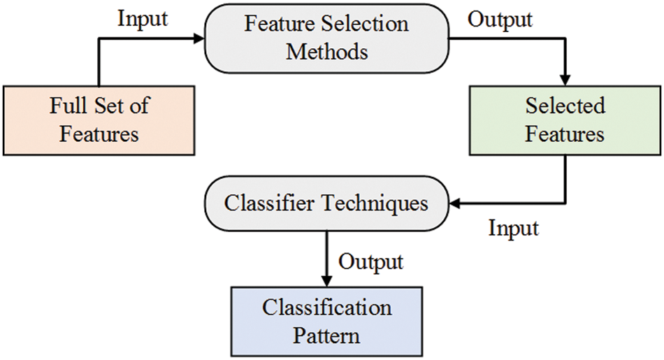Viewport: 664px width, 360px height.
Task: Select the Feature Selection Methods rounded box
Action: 326,38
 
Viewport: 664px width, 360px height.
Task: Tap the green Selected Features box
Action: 565,120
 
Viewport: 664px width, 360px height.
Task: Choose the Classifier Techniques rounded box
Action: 326,203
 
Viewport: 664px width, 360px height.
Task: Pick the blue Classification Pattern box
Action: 326,321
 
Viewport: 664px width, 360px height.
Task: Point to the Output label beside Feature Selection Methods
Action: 500,20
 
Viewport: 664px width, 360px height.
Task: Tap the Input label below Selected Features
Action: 513,228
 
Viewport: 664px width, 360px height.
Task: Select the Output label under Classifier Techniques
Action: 370,261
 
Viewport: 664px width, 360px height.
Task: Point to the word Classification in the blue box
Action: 326,308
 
